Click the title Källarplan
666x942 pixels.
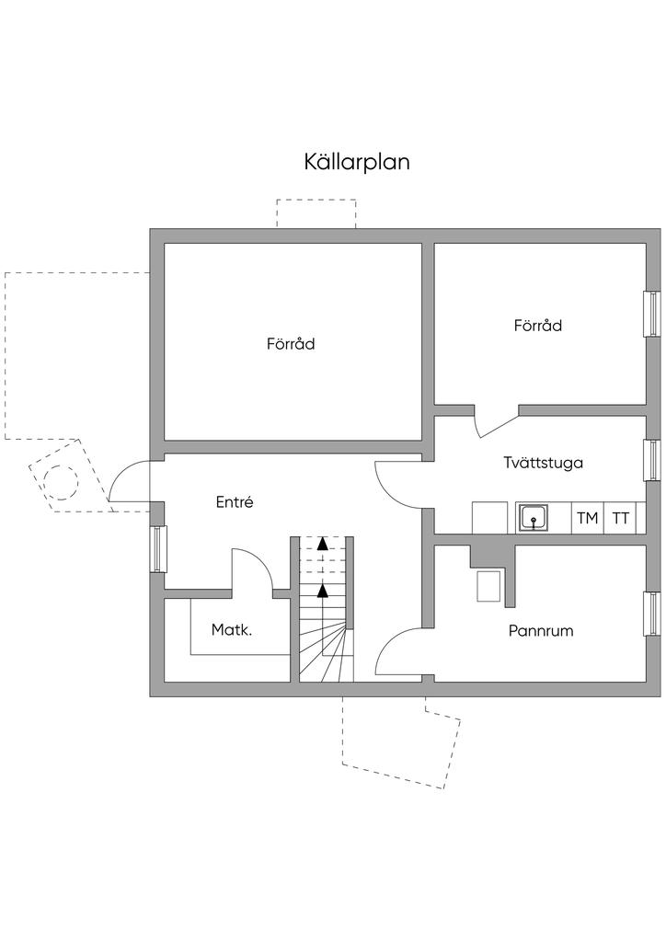357,162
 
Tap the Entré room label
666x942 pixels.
235,502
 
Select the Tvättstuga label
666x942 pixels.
544,462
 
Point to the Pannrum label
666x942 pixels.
541,631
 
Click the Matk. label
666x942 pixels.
232,630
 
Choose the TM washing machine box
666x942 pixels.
587,518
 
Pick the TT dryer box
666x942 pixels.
621,518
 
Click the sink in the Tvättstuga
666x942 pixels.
533,518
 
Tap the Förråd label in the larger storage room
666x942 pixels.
292,344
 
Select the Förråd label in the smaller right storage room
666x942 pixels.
538,326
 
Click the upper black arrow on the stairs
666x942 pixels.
323,544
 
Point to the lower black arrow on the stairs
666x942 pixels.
323,590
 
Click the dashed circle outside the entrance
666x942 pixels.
62,481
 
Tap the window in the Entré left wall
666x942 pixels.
157,549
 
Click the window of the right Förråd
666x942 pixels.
652,315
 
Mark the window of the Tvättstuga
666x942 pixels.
652,460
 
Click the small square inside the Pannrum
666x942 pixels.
489,586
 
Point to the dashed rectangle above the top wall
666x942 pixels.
316,213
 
